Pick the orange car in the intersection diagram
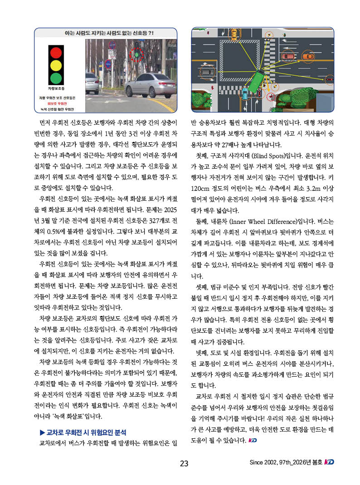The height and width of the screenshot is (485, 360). tap(308, 57)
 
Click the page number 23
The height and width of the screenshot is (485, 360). tap(184, 463)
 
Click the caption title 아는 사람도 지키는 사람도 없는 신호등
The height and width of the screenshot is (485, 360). tap(107, 33)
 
